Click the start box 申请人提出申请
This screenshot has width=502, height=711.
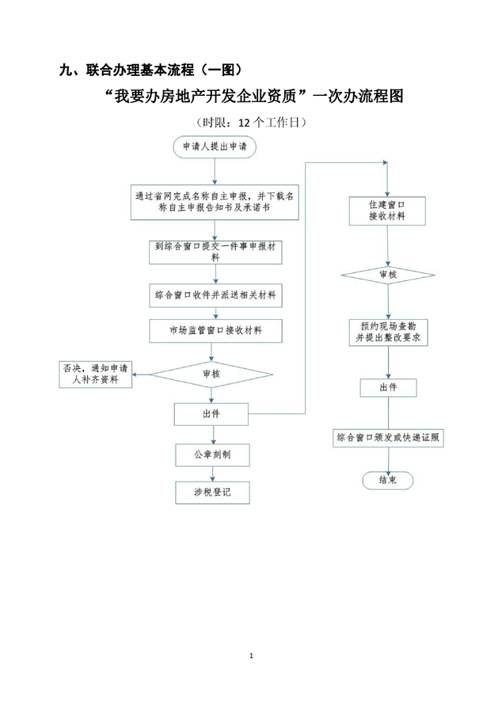(215, 146)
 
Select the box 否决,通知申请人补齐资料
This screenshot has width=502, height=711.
(96, 373)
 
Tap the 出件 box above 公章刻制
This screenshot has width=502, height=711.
(211, 413)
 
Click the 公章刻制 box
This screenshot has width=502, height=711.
(211, 454)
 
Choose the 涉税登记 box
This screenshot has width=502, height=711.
(211, 492)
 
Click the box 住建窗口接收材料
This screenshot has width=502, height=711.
(387, 210)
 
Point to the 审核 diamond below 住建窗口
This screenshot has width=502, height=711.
(387, 274)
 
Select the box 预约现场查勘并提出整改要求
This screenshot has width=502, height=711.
(387, 331)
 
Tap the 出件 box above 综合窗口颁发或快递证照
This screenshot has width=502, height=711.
(388, 387)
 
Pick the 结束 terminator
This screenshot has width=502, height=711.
(387, 480)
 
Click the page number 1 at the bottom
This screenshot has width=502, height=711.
(251, 656)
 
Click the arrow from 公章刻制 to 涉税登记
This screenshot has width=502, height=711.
(211, 473)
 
